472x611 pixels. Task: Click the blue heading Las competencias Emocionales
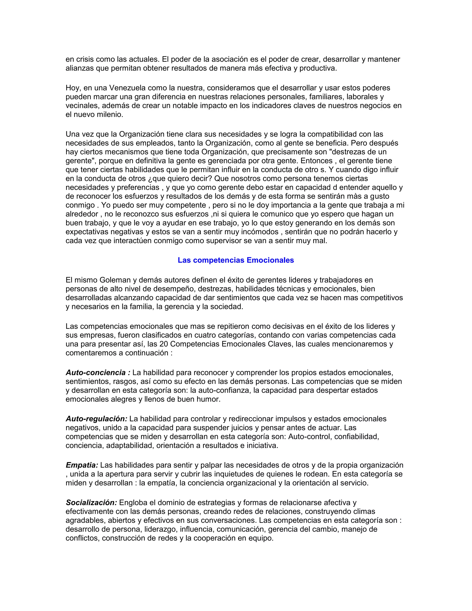[236, 260]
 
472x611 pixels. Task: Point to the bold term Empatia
[82, 465]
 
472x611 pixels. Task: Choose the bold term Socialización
[91, 503]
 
